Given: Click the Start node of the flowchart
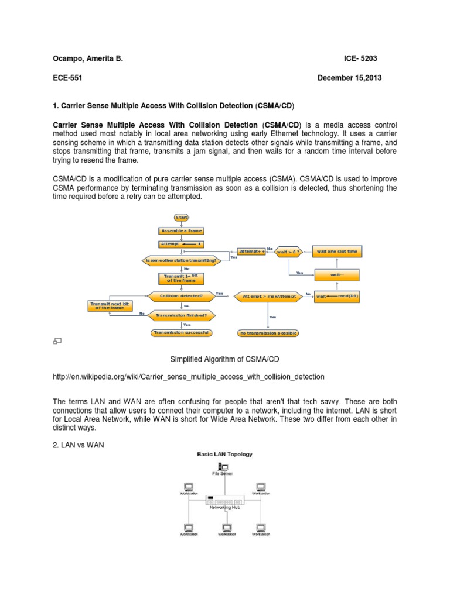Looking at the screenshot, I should point(181,217).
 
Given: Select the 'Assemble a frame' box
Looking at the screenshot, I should point(181,230).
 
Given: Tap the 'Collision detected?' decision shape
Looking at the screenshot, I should point(181,296).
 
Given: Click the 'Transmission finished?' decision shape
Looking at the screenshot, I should point(181,315).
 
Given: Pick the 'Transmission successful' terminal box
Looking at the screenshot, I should point(181,332).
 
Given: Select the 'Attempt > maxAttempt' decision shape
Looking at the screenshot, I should point(269,297).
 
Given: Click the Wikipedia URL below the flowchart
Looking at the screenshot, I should point(188,377).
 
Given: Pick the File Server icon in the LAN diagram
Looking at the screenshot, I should point(223,466).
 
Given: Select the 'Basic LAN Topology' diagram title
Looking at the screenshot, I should point(224,454).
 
